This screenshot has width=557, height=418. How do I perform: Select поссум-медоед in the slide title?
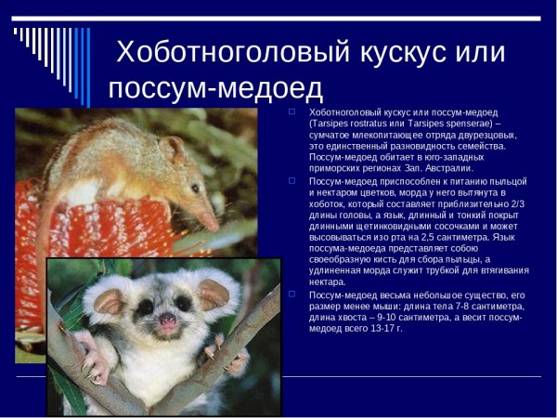pyautogui.click(x=215, y=88)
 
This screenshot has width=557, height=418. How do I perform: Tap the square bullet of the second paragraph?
pyautogui.click(x=291, y=180)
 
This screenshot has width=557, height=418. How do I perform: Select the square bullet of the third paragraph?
pyautogui.click(x=291, y=294)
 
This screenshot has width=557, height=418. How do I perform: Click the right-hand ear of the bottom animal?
pyautogui.click(x=214, y=294)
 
